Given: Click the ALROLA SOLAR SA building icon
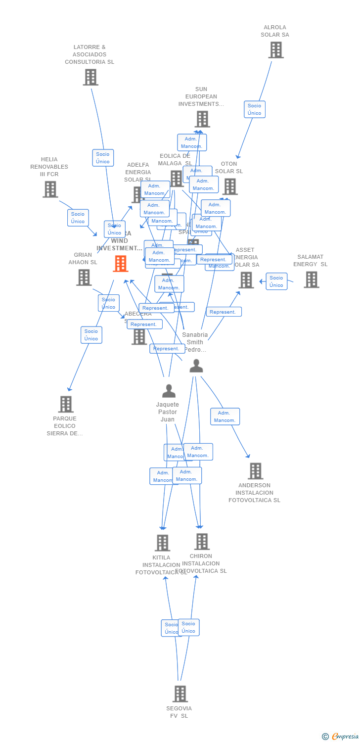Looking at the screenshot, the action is (276, 50).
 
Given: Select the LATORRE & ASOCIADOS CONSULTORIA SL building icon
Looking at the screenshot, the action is (90, 77).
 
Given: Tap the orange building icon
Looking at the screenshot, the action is (121, 264).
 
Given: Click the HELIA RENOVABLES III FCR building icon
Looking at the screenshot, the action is (50, 189).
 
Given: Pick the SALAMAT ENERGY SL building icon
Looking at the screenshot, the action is (311, 279).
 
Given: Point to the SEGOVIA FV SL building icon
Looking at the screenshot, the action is (180, 694).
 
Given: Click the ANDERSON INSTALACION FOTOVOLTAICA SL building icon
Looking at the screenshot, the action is (255, 471).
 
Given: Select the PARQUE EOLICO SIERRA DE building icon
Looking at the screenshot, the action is (66, 404).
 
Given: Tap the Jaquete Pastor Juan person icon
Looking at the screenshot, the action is (169, 391).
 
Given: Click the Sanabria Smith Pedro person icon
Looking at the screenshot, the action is (196, 366).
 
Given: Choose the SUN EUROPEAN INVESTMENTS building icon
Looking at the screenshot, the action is (202, 119).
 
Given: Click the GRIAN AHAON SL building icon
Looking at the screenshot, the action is (84, 278).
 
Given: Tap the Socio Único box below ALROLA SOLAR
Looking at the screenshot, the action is (255, 109).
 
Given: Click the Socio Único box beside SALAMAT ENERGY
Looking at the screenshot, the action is (276, 281).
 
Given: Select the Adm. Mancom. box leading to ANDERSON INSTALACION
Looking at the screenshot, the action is (225, 417).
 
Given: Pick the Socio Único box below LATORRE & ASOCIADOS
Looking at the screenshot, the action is (103, 158).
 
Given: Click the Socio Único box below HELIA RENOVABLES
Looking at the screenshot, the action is (78, 218).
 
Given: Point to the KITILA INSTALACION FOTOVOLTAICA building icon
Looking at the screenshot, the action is (162, 543).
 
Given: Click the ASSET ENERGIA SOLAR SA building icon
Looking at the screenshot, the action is (246, 280).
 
